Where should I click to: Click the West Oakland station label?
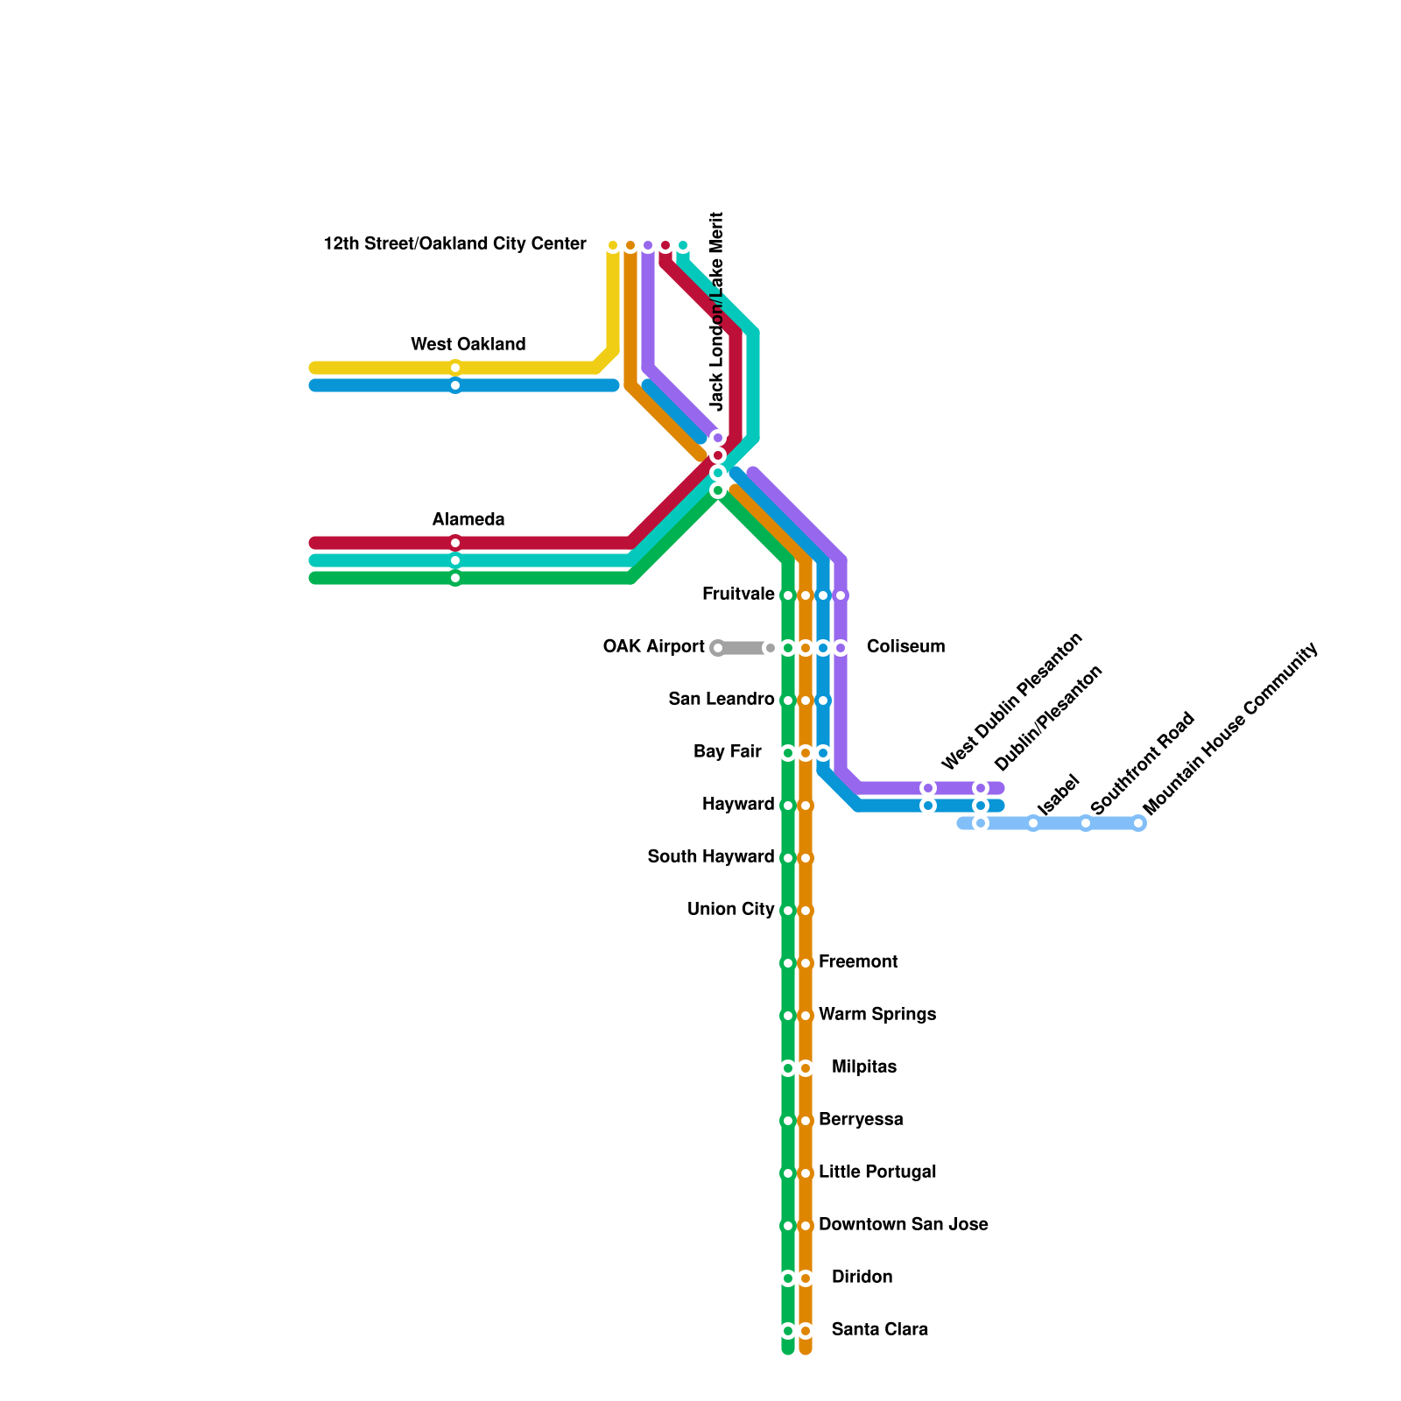pyautogui.click(x=468, y=344)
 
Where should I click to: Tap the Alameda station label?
pyautogui.click(x=468, y=519)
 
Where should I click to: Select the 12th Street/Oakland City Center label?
pyautogui.click(x=454, y=244)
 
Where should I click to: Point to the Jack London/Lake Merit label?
pyautogui.click(x=718, y=311)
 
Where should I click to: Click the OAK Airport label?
pyautogui.click(x=653, y=647)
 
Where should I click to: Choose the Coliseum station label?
pyautogui.click(x=905, y=647)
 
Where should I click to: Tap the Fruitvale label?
pyautogui.click(x=738, y=595)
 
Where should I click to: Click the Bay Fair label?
pyautogui.click(x=727, y=752)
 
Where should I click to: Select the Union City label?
pyautogui.click(x=730, y=910)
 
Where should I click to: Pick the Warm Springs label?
pyautogui.click(x=877, y=1015)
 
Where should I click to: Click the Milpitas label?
pyautogui.click(x=863, y=1067)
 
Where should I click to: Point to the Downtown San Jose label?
pyautogui.click(x=903, y=1225)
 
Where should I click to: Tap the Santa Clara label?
pyautogui.click(x=879, y=1330)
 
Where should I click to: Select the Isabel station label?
pyautogui.click(x=1058, y=795)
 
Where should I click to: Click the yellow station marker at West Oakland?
pyautogui.click(x=455, y=368)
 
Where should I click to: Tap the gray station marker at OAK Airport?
pyautogui.click(x=718, y=648)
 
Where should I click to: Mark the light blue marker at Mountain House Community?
pyautogui.click(x=1138, y=823)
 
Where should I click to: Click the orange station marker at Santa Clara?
pyautogui.click(x=806, y=1331)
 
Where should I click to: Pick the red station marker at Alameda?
pyautogui.click(x=455, y=543)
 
